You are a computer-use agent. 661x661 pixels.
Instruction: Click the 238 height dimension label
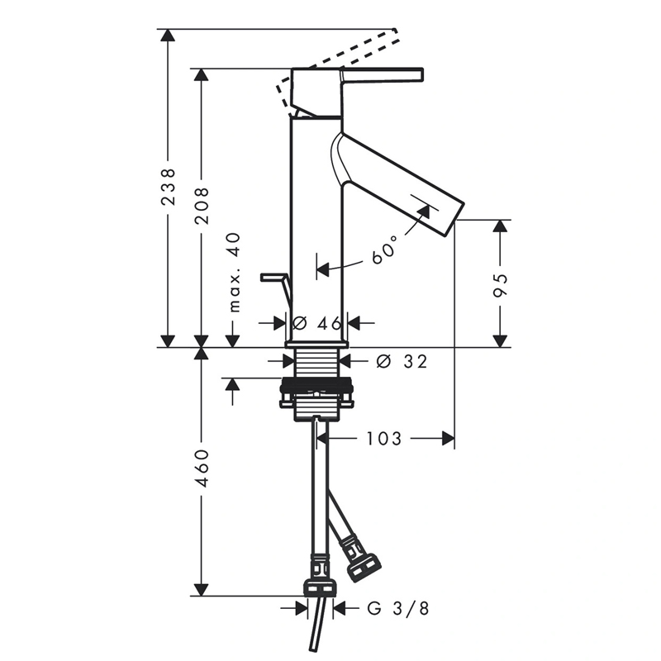(169, 186)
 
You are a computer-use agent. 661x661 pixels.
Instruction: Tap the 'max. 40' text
(235, 273)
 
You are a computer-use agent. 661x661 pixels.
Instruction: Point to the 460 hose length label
(202, 468)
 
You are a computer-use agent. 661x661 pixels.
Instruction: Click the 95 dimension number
(500, 285)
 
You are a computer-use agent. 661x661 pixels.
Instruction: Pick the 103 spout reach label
(384, 439)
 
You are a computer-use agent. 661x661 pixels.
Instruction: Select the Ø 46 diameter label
(316, 323)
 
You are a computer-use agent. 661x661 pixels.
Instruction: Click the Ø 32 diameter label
(402, 361)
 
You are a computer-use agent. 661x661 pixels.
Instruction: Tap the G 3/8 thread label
(398, 608)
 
